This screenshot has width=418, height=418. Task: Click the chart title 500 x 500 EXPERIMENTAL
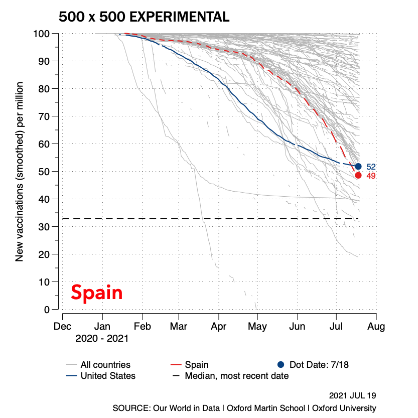pos(144,17)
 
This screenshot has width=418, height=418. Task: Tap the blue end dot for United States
pos(358,166)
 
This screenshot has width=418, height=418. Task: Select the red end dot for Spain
pos(358,175)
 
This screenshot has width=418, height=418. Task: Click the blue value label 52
pos(371,167)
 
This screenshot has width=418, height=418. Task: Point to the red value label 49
pos(371,176)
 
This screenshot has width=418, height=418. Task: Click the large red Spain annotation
pos(96,292)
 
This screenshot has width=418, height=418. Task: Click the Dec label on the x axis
pos(62,327)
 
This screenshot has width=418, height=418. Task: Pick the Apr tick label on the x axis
pos(219,327)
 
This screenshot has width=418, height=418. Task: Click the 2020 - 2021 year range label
pos(102,339)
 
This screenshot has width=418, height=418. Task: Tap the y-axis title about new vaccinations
pos(20,172)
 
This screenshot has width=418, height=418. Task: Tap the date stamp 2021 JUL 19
pos(353,395)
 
